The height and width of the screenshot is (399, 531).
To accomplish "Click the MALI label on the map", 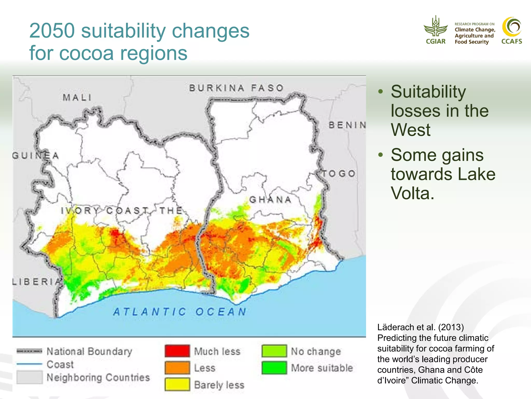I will [77, 98].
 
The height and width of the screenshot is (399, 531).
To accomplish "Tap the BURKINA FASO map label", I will [236, 88].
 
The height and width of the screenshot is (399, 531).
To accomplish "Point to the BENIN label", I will [347, 125].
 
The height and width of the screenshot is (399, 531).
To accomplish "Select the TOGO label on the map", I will [339, 174].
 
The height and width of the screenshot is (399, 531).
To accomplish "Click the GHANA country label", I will [270, 200].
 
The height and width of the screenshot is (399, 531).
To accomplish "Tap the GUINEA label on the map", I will [36, 156].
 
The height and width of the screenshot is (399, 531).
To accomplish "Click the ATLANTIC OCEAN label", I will [180, 312].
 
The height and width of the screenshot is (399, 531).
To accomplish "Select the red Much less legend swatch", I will [177, 351].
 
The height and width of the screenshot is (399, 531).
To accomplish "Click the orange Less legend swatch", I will [177, 368].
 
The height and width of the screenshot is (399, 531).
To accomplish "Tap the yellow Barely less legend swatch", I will [177, 384].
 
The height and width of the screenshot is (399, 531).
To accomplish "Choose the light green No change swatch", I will [274, 351].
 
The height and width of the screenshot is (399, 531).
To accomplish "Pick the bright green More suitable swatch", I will [274, 368].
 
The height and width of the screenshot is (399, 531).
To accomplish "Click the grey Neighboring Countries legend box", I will [29, 377].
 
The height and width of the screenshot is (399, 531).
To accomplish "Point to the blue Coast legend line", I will [29, 364].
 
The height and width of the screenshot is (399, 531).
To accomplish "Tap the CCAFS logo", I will [512, 30].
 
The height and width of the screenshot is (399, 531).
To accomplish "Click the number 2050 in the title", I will [52, 31].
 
